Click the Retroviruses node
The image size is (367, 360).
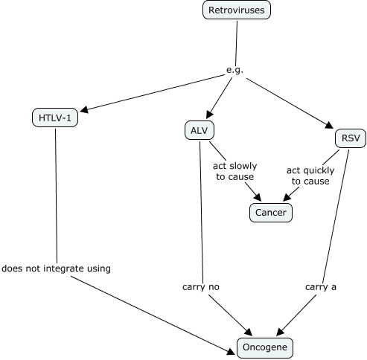(237, 10)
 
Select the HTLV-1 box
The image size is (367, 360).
(55, 118)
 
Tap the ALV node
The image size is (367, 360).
(200, 130)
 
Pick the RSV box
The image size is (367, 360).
(351, 138)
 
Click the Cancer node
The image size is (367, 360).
(271, 213)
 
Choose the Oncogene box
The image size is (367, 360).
(265, 347)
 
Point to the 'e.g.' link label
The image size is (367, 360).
(234, 70)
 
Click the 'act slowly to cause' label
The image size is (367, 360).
(234, 171)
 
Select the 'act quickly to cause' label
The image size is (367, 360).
(310, 176)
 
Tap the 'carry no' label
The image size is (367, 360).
(201, 287)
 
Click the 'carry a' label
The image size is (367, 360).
(321, 287)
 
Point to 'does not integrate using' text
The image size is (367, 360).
(56, 269)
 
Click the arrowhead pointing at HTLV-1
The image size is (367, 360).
(84, 109)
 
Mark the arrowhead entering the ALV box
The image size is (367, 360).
(209, 115)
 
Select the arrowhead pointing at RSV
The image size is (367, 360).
(329, 125)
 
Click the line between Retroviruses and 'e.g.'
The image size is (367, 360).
(236, 43)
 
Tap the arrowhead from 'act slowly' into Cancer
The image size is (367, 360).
(258, 197)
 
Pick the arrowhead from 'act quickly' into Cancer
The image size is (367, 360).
(287, 197)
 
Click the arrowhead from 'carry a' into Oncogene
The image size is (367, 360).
(280, 332)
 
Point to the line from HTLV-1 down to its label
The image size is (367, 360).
(56, 196)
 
